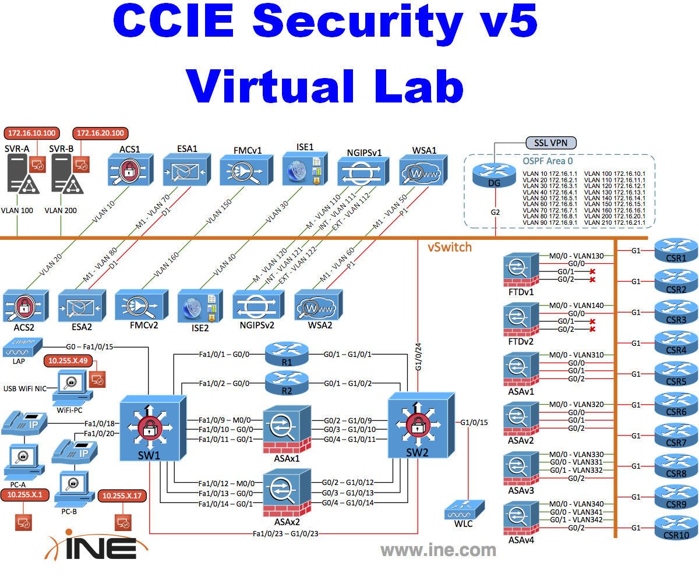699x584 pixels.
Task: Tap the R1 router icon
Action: (x=286, y=352)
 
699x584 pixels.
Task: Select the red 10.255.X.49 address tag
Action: (x=68, y=361)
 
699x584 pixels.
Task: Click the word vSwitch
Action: (x=449, y=247)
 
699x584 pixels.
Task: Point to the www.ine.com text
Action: (x=438, y=550)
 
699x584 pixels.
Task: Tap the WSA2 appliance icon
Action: (x=319, y=302)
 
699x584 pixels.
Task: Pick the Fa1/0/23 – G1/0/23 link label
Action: (x=284, y=533)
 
